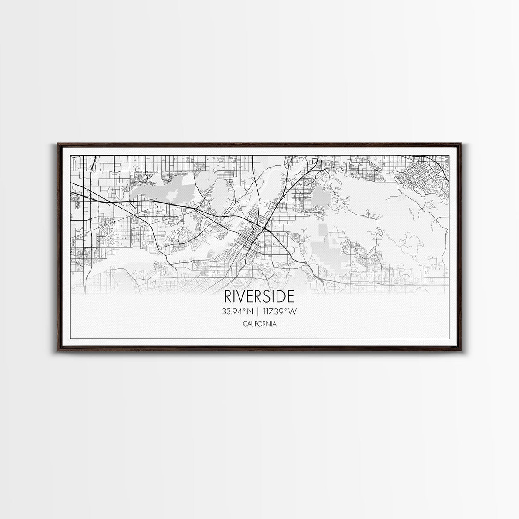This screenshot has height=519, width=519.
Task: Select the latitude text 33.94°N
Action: [236, 312]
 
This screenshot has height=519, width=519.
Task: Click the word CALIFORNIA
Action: [259, 324]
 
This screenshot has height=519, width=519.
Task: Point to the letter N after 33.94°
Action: [249, 312]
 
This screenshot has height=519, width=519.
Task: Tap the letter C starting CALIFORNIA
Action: [244, 324]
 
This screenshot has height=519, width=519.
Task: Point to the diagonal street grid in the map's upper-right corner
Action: [417, 175]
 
